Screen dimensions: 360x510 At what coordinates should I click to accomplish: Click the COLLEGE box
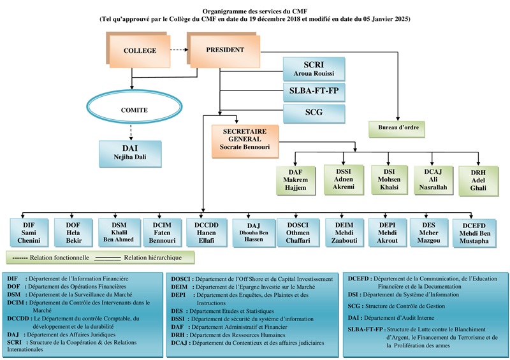coord(139,51)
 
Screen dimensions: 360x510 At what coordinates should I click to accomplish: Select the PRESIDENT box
coord(224,50)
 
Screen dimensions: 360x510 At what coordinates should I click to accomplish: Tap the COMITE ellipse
coord(134,110)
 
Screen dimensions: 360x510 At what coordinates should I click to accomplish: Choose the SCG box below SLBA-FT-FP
coord(313,114)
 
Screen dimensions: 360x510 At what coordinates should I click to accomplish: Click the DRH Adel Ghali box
coord(477,180)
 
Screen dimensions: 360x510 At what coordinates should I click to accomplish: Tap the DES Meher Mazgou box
coord(428,233)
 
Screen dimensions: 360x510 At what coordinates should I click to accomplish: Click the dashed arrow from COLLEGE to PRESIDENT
coord(178,49)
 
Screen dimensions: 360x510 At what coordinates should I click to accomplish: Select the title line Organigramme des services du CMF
coord(255,11)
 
